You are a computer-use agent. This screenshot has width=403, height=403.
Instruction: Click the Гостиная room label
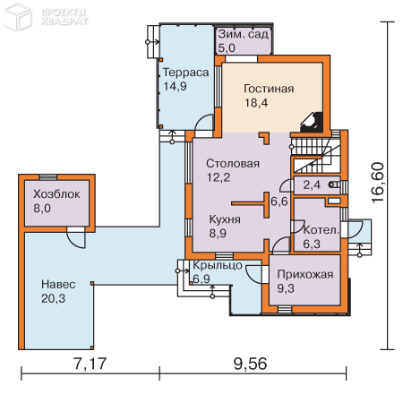coord(269,89)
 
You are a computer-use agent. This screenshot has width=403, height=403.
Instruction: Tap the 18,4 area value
coord(256,103)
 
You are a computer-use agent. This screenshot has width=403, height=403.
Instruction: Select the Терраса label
coord(185,73)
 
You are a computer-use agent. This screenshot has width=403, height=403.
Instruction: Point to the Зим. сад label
coord(243,34)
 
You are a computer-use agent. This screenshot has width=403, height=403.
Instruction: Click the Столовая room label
coord(233,164)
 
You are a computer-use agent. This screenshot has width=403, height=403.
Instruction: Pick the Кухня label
coord(225,219)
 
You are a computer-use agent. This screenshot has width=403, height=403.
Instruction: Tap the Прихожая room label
coord(305,275)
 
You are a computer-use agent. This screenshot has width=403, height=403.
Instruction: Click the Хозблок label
coord(56,194)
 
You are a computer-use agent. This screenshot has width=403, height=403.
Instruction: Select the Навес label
coord(58,284)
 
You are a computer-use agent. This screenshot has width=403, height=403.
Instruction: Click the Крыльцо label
coord(218,265)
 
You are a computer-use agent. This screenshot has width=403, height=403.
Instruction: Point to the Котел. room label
coord(322,230)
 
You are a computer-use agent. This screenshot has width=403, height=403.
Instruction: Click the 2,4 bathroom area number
coord(312,185)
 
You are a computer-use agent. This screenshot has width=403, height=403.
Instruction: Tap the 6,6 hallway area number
coord(279,201)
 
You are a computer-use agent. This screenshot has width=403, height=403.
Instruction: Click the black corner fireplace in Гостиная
coord(312,122)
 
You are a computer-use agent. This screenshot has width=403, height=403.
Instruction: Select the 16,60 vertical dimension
coord(377,183)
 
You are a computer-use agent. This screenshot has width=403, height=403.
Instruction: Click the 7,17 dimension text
coord(90,364)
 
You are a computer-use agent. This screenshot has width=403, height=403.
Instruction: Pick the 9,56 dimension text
coord(250,364)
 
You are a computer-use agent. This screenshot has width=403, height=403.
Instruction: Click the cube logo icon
coord(17,16)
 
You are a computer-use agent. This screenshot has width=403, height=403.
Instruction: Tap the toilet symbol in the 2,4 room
coord(334,184)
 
